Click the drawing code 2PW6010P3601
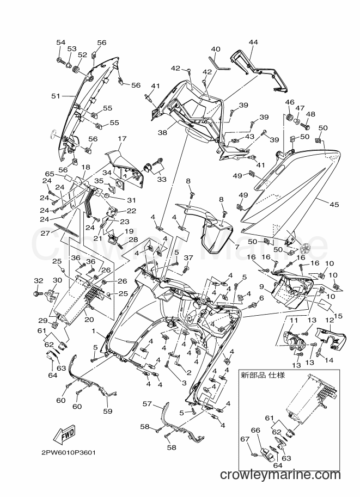(68, 452)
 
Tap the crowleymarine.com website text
(280, 475)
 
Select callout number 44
(253, 42)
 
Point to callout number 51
(56, 96)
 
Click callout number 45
(334, 205)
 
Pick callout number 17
(122, 138)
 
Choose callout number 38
(162, 133)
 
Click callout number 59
(108, 411)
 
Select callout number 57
(147, 404)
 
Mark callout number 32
(38, 280)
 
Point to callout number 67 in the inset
(245, 439)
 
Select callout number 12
(330, 321)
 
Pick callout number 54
(60, 42)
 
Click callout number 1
(94, 330)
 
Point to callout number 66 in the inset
(255, 430)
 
